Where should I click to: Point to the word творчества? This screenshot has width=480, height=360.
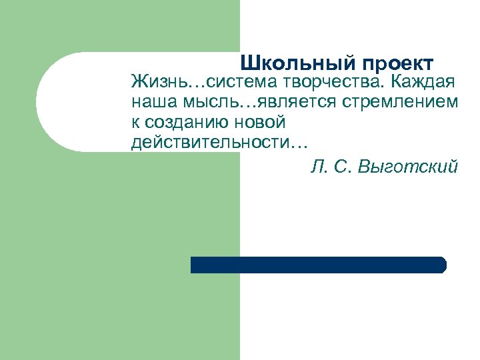[x=324, y=83]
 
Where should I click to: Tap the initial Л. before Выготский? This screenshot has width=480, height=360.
[x=317, y=166]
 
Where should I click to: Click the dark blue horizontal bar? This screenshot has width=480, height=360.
[x=317, y=265]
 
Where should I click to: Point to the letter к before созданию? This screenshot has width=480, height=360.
[x=135, y=123]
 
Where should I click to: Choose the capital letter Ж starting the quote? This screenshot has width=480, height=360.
[x=139, y=83]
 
